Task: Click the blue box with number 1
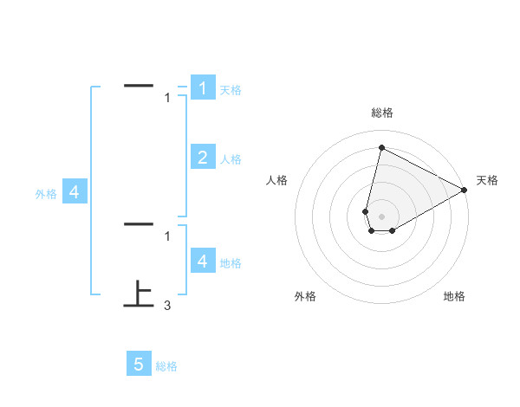[202, 88]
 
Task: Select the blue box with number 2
[202, 158]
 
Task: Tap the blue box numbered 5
[139, 365]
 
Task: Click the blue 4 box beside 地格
[202, 261]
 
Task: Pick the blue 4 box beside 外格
[74, 192]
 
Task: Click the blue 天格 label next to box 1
[231, 90]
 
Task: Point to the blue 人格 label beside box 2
[231, 159]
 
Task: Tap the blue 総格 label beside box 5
[166, 366]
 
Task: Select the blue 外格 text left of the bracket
[46, 195]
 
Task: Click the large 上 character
[139, 294]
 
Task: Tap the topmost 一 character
[139, 85]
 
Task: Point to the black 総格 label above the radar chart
[381, 113]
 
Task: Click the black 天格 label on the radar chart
[487, 180]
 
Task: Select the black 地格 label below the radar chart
[454, 296]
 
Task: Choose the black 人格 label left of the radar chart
[277, 180]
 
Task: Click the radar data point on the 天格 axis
[465, 191]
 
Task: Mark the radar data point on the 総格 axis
[381, 147]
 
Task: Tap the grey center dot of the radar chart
[381, 216]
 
